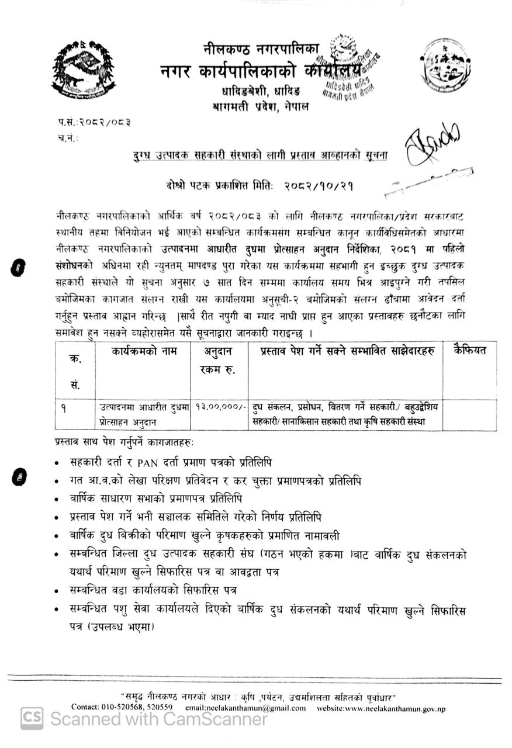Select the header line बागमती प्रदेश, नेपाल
(253, 106)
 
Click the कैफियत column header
(471, 351)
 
